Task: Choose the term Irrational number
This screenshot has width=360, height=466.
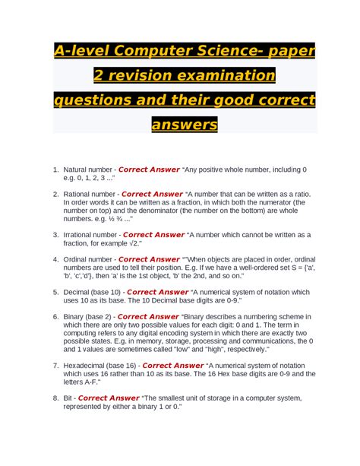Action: tap(90, 235)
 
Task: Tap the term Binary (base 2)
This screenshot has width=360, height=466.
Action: tap(88, 316)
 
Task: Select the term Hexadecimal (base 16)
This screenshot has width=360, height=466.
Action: tap(101, 365)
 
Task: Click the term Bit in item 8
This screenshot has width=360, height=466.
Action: tap(69, 398)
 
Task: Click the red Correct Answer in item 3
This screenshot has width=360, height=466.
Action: tap(153, 235)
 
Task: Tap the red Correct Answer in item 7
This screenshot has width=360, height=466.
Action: tap(173, 365)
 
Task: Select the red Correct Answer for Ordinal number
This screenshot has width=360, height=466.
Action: tap(149, 259)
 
